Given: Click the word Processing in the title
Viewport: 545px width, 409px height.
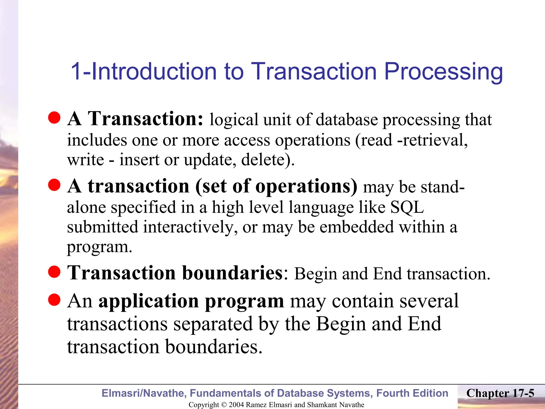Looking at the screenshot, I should [x=443, y=72].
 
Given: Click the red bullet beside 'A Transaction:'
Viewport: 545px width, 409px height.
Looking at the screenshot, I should [x=55, y=118].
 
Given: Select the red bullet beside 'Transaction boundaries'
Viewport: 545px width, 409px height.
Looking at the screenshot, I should [x=55, y=272].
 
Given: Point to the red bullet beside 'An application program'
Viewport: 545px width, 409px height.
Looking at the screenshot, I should [x=55, y=300].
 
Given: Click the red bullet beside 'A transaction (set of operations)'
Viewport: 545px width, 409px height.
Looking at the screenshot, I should [x=55, y=185].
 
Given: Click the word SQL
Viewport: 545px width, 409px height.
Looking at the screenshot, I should [x=407, y=207].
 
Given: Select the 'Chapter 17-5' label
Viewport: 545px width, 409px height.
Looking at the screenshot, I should [x=500, y=393].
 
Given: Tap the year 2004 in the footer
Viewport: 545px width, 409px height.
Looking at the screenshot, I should [x=236, y=405].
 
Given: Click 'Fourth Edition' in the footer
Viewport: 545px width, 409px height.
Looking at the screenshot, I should [x=412, y=393].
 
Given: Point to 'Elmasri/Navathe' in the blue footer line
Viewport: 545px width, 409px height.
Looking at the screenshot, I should [x=144, y=393].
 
